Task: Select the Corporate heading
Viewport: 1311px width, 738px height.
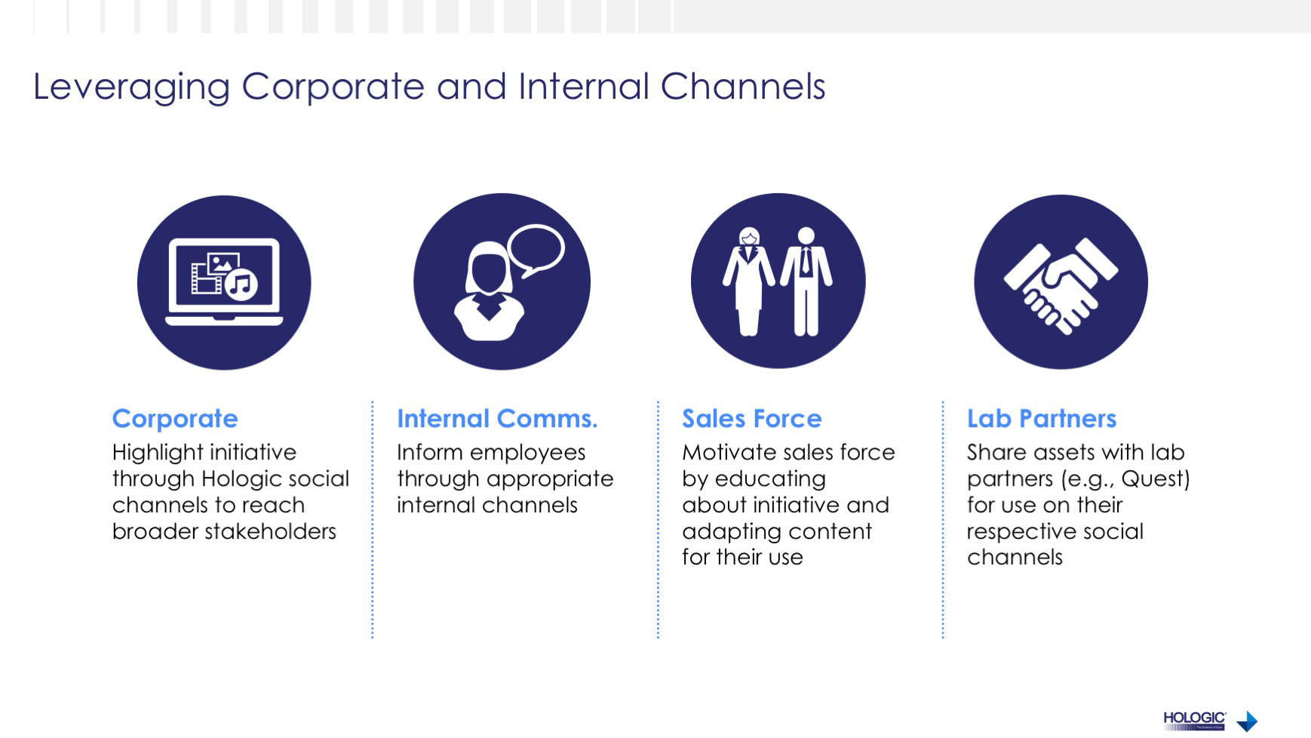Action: point(175,419)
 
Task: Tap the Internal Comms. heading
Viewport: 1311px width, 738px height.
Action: point(497,419)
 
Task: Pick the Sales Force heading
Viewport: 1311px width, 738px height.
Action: point(751,419)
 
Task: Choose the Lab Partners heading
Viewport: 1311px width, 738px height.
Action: point(1041,419)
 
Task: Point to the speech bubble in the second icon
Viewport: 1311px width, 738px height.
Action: point(536,251)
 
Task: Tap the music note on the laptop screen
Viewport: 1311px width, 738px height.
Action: point(241,284)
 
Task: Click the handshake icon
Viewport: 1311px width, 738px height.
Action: point(1061,283)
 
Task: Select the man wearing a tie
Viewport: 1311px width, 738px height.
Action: point(806,281)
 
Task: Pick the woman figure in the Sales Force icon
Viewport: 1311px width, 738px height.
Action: point(748,281)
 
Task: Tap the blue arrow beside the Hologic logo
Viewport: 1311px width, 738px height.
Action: point(1248,721)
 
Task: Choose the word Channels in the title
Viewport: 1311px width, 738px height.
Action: point(743,87)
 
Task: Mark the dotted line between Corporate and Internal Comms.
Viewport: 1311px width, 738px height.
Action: point(373,521)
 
